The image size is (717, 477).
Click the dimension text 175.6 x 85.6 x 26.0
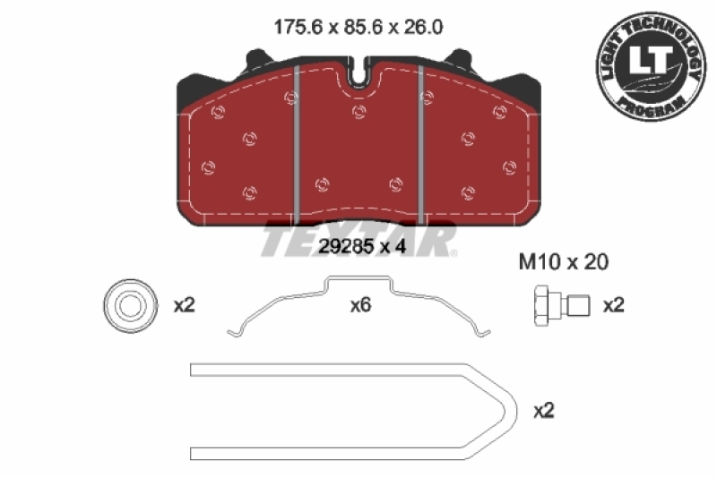358,28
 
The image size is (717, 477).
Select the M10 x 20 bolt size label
565,262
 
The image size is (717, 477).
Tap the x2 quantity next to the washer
184,305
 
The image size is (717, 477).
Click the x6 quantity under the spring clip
359,305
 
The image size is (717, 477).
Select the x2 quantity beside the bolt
613,305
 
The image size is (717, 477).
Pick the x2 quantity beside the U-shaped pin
544,411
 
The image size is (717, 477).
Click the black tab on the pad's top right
464,60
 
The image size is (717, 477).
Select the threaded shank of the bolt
577,306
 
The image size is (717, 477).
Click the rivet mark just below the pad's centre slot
359,112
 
